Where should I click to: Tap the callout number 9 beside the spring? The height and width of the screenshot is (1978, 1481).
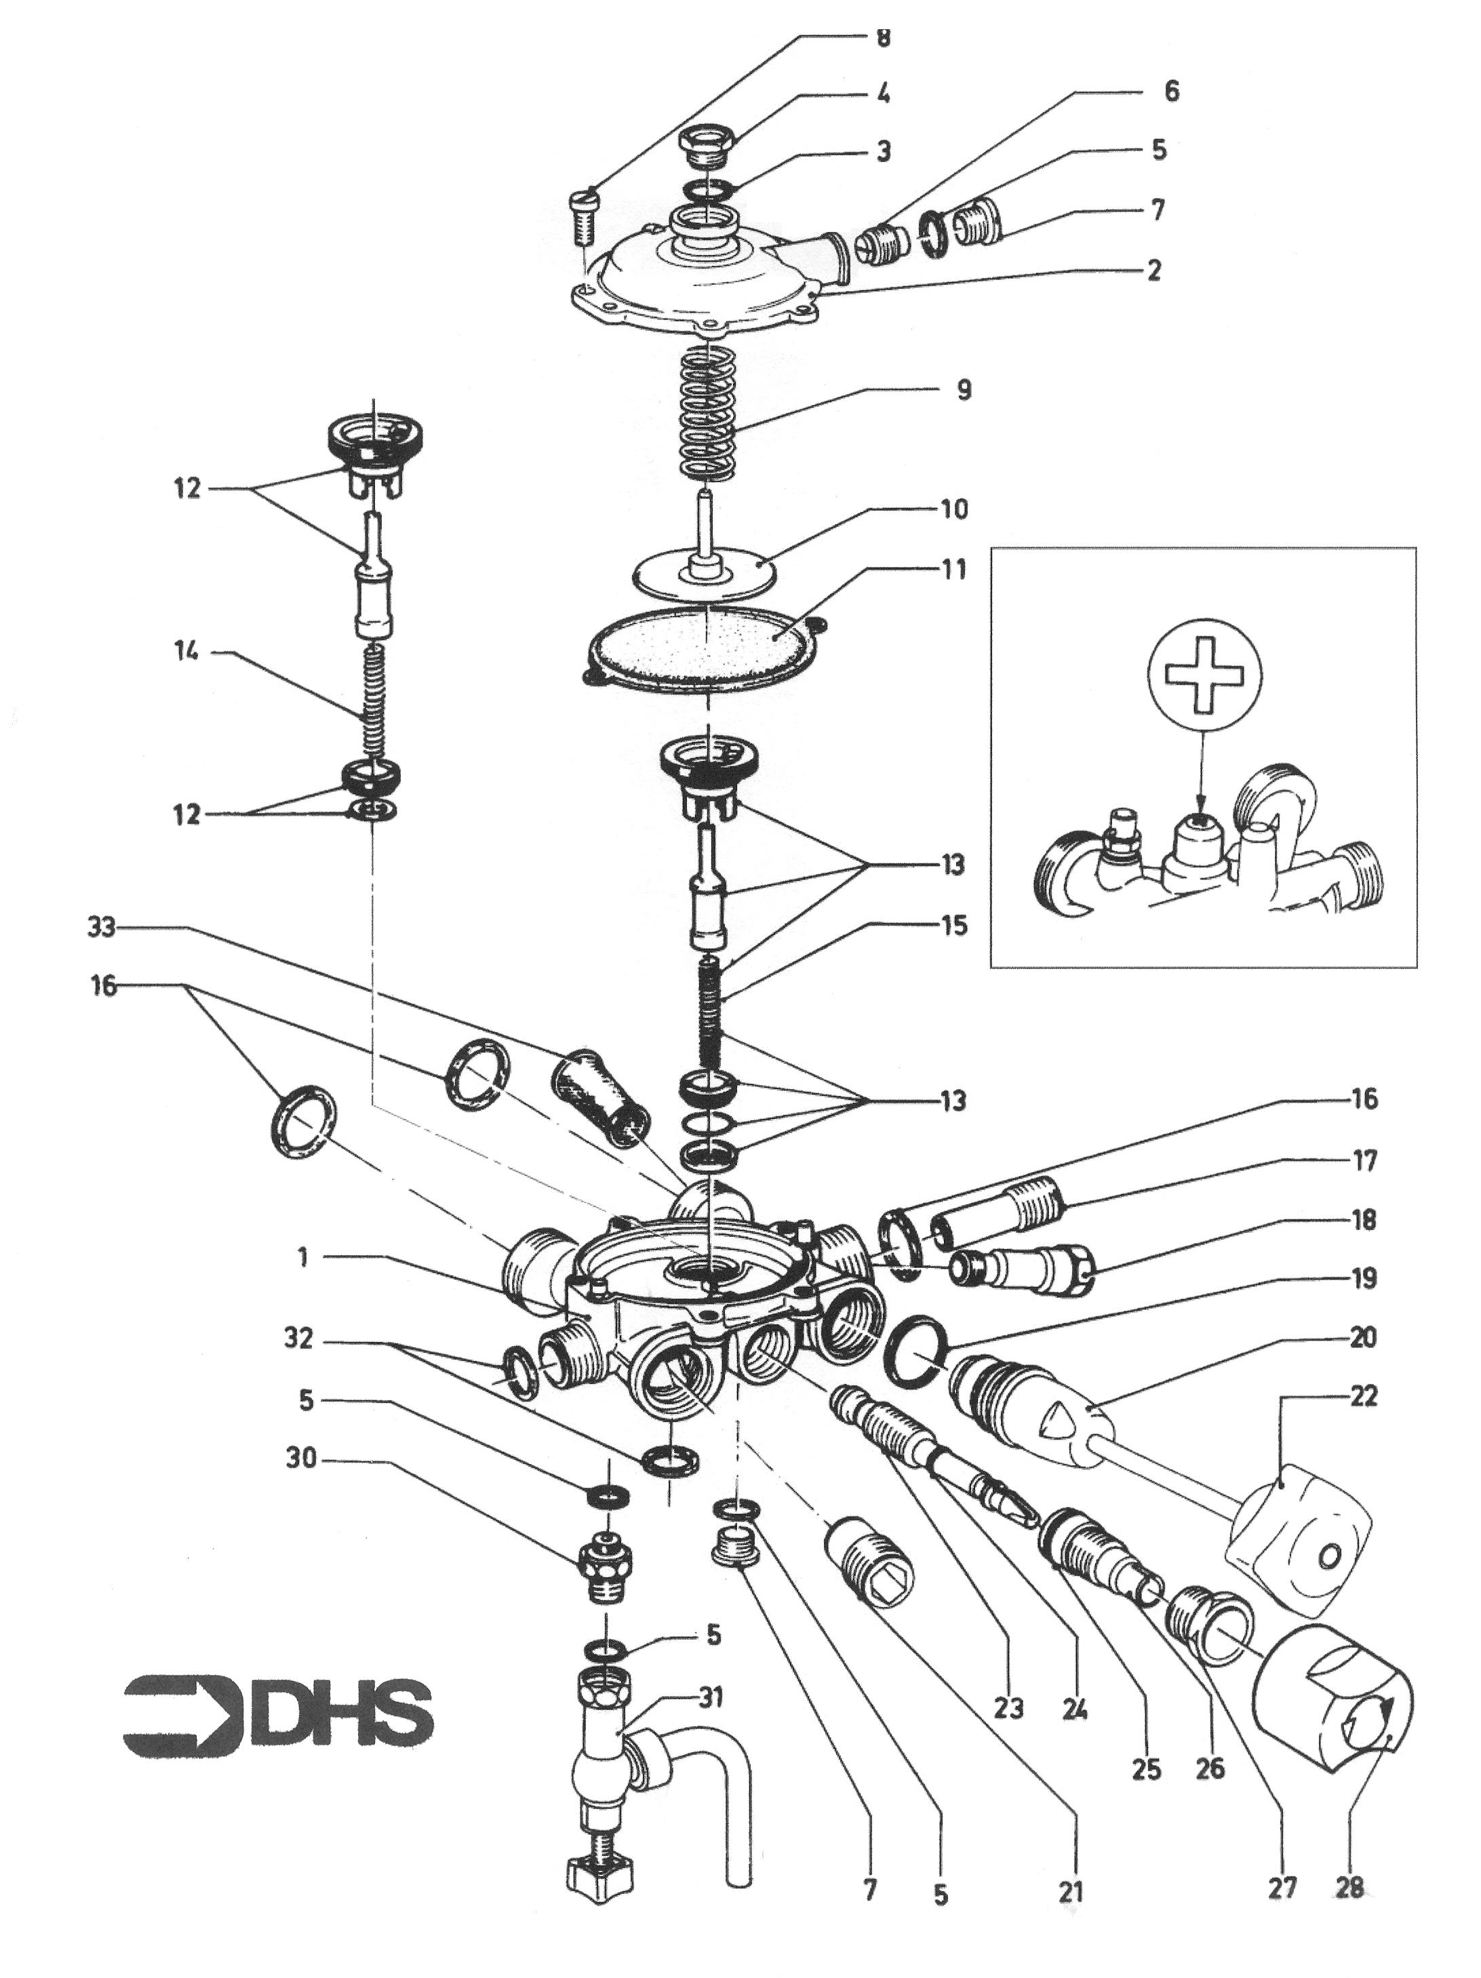click(963, 390)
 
